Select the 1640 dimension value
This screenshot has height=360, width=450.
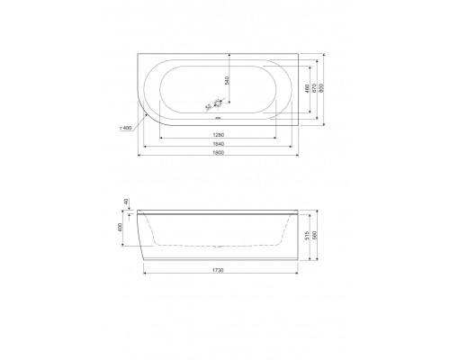218,145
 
